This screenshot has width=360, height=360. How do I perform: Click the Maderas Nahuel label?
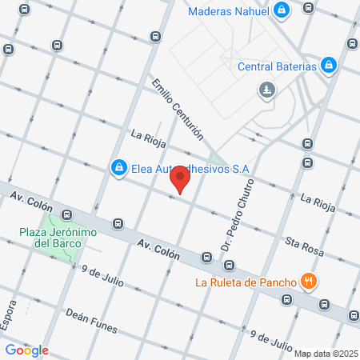[x=229, y=11]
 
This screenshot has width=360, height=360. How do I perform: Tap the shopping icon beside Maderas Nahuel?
[x=282, y=10]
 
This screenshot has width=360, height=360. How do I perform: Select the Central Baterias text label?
[x=278, y=66]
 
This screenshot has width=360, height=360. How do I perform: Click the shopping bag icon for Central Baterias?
[x=329, y=65]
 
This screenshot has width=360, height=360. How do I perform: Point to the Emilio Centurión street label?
[x=178, y=109]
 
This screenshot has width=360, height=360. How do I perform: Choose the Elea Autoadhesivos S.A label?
[x=190, y=169]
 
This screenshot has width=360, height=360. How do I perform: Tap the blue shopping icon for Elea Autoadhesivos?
[x=118, y=167]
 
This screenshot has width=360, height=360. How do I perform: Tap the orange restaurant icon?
[x=308, y=281]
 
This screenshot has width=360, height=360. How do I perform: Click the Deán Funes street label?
[x=91, y=321]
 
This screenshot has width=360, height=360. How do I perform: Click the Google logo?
[x=26, y=350]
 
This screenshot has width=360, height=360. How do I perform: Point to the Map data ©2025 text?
[x=325, y=353]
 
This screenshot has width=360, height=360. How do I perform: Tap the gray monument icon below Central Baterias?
[x=266, y=91]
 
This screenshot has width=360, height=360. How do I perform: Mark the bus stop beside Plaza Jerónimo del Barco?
[x=67, y=215]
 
